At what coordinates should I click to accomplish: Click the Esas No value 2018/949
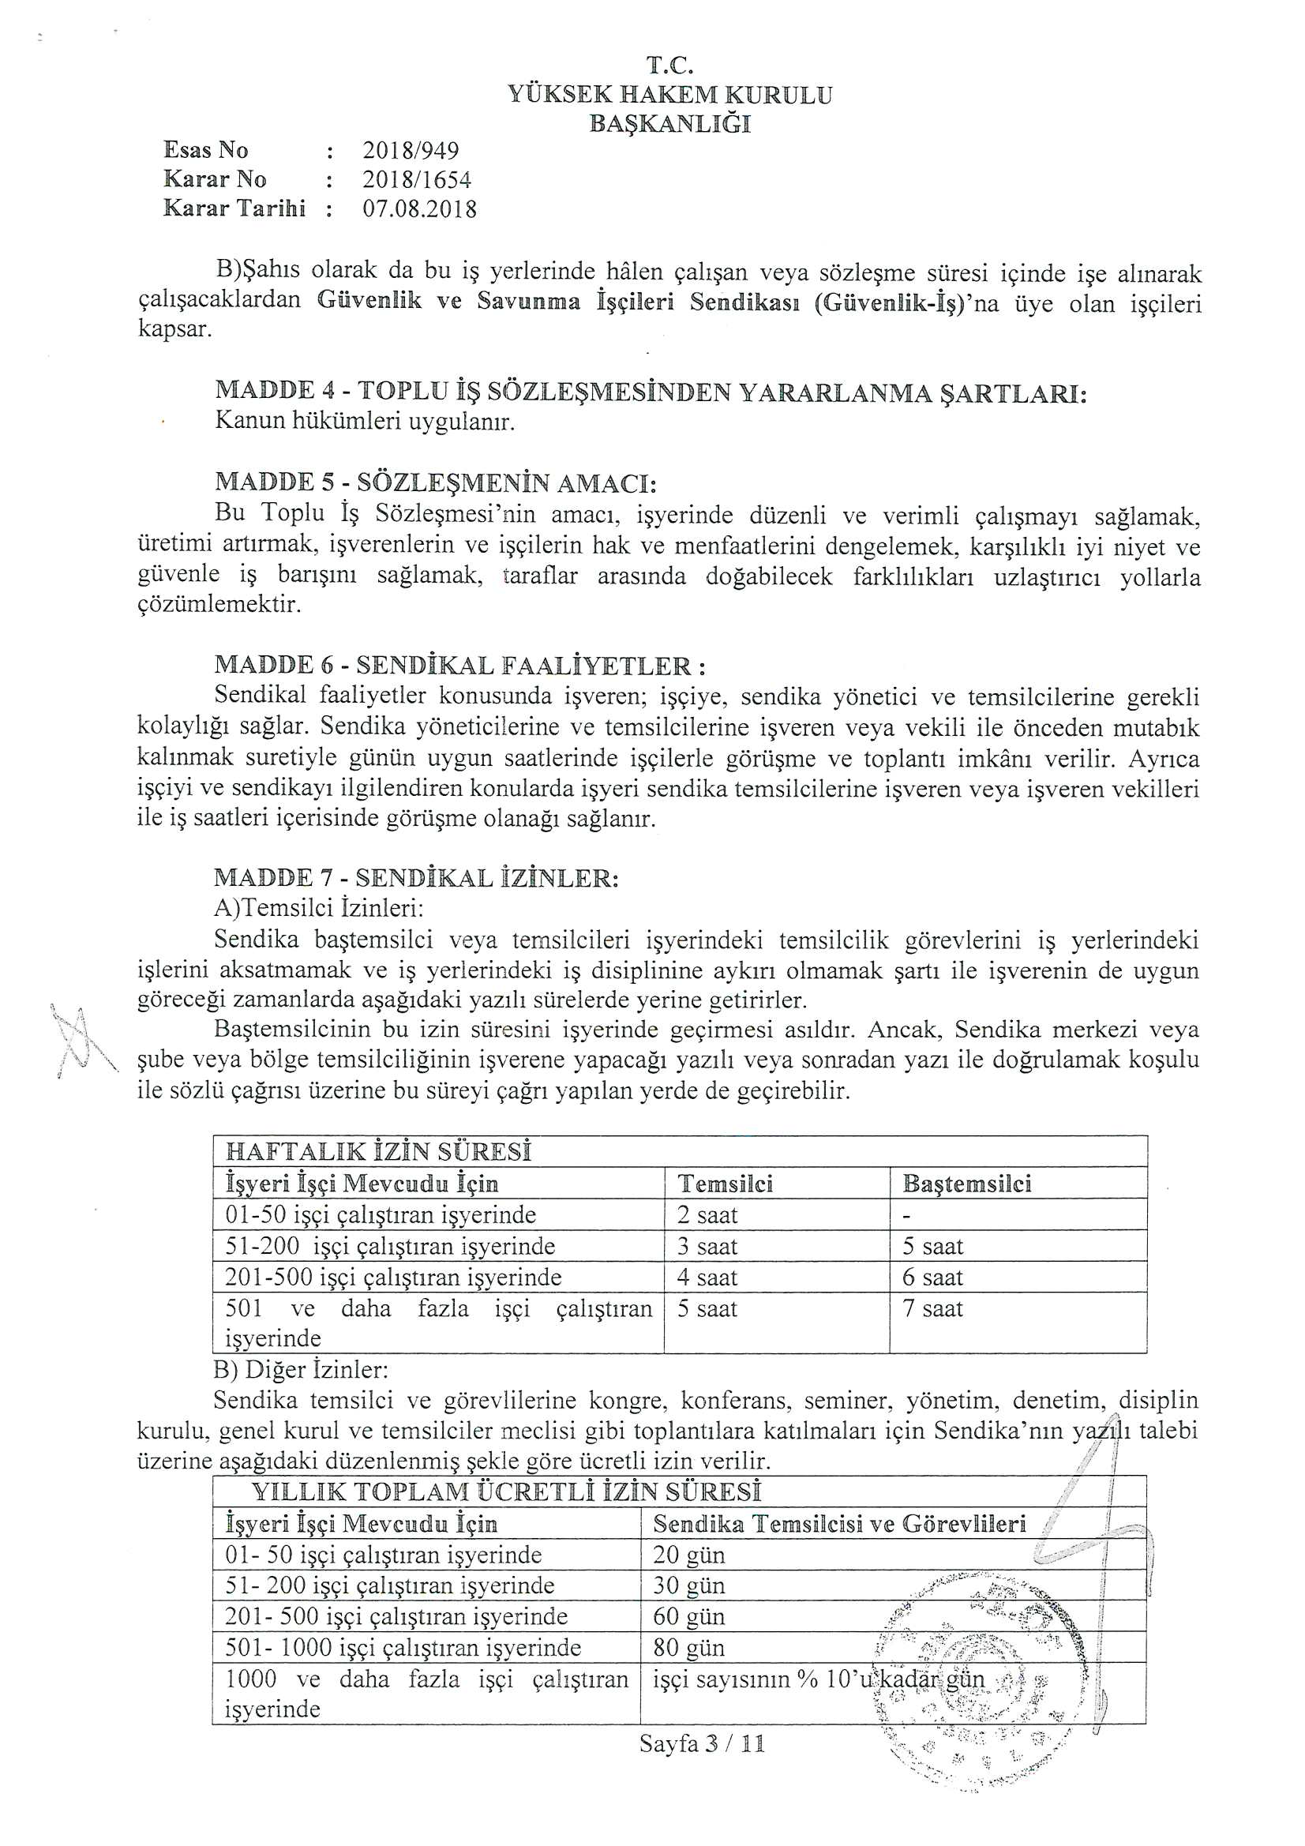click(x=410, y=150)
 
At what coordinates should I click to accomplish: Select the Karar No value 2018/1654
click(x=417, y=179)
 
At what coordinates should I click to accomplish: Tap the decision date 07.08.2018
click(x=419, y=209)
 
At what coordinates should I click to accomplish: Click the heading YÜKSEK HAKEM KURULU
click(x=669, y=95)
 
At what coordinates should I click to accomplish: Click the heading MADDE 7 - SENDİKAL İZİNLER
click(x=417, y=877)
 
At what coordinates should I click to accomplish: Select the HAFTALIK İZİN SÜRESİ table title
click(x=379, y=1151)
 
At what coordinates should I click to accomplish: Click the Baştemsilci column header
click(x=966, y=1184)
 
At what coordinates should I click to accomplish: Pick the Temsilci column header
click(x=726, y=1184)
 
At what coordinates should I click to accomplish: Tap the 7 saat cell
click(x=932, y=1309)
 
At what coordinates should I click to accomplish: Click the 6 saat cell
click(x=932, y=1278)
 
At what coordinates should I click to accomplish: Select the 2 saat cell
click(x=707, y=1215)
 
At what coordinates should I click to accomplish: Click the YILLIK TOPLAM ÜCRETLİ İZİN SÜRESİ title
click(x=507, y=1492)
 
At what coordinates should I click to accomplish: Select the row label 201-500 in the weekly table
click(x=392, y=1278)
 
